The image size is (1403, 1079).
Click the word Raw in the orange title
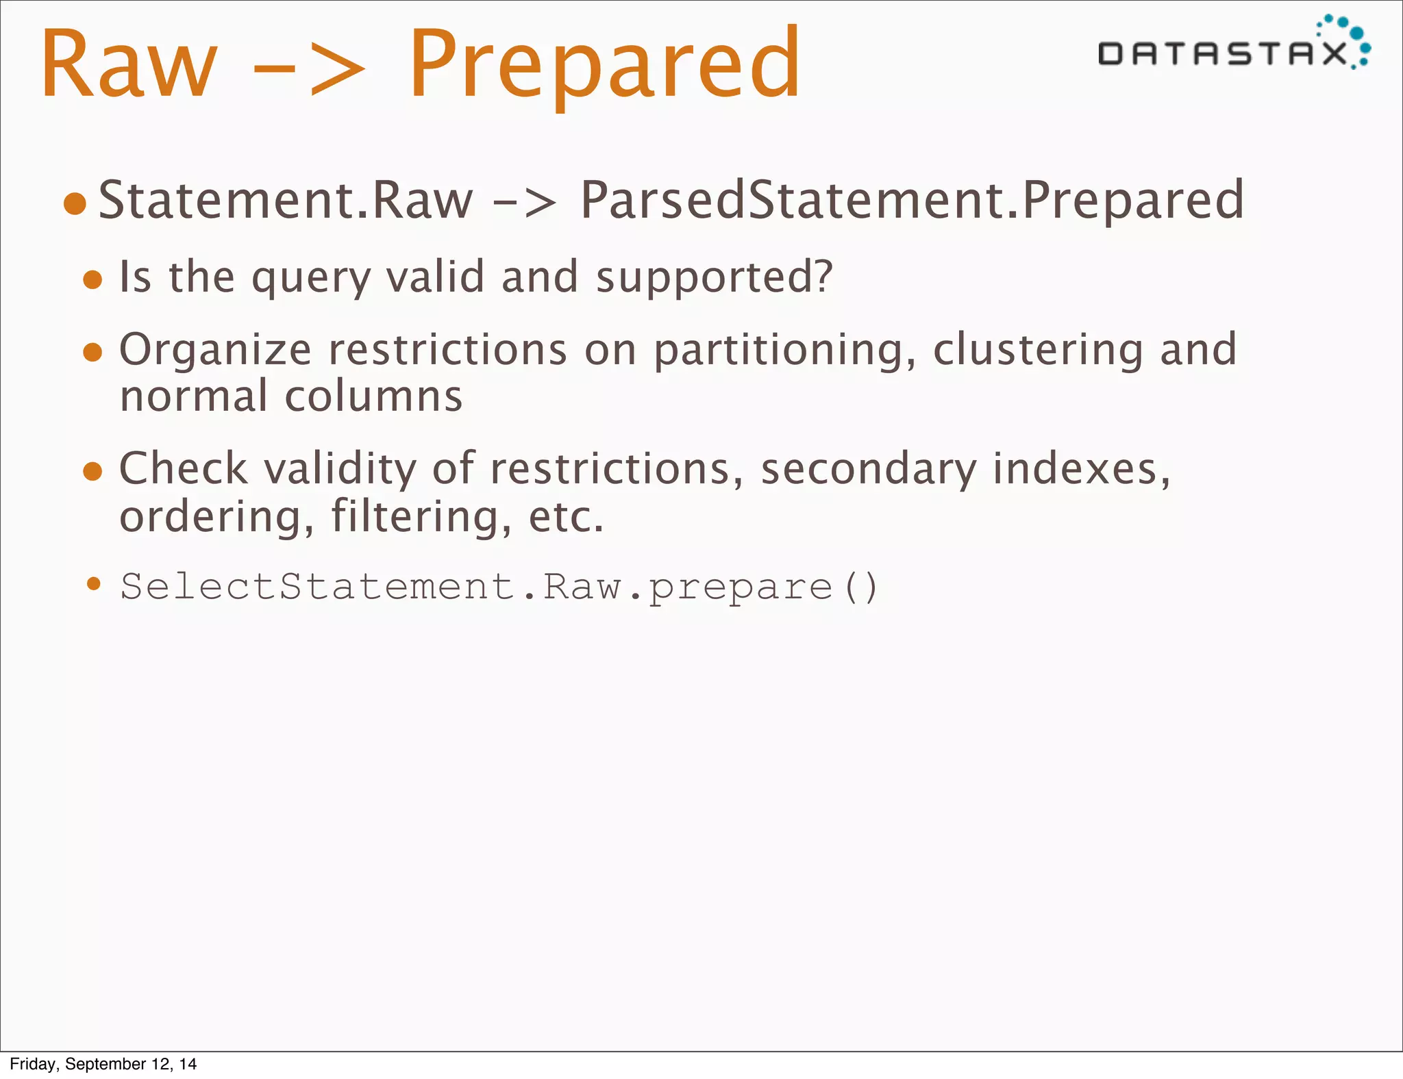pyautogui.click(x=129, y=65)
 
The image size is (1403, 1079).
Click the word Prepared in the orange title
pyautogui.click(x=604, y=65)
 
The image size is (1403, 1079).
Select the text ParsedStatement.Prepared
pyautogui.click(x=912, y=200)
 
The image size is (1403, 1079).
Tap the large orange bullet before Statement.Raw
pyautogui.click(x=75, y=203)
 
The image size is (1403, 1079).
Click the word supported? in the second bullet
pyautogui.click(x=714, y=277)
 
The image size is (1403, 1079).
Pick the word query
pyautogui.click(x=310, y=277)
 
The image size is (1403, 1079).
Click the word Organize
pyautogui.click(x=215, y=350)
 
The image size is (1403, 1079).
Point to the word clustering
pyautogui.click(x=1038, y=350)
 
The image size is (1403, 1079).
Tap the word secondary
pyautogui.click(x=869, y=469)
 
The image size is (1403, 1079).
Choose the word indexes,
pyautogui.click(x=1082, y=469)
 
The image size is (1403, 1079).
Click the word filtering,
pyautogui.click(x=421, y=516)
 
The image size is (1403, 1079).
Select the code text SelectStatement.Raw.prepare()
pyautogui.click(x=499, y=587)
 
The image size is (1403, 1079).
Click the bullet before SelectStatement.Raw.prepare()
pyautogui.click(x=94, y=584)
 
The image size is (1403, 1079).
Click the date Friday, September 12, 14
pyautogui.click(x=103, y=1064)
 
